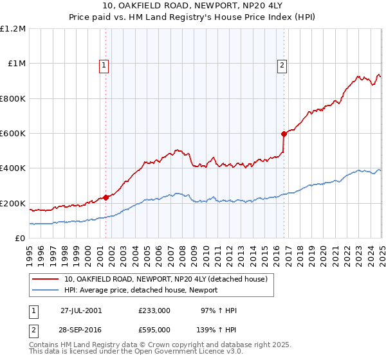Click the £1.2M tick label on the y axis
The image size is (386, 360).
pyautogui.click(x=13, y=29)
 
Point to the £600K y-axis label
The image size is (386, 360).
pyautogui.click(x=13, y=134)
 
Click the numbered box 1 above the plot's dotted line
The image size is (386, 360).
pyautogui.click(x=104, y=64)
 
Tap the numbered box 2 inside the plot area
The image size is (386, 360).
pyautogui.click(x=282, y=64)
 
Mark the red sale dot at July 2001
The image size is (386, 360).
pyautogui.click(x=106, y=197)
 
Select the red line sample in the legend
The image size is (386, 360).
pyautogui.click(x=46, y=279)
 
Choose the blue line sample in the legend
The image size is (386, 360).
pyautogui.click(x=46, y=290)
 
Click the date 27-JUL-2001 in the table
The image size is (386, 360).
pyautogui.click(x=81, y=310)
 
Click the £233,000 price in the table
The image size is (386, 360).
pyautogui.click(x=154, y=310)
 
